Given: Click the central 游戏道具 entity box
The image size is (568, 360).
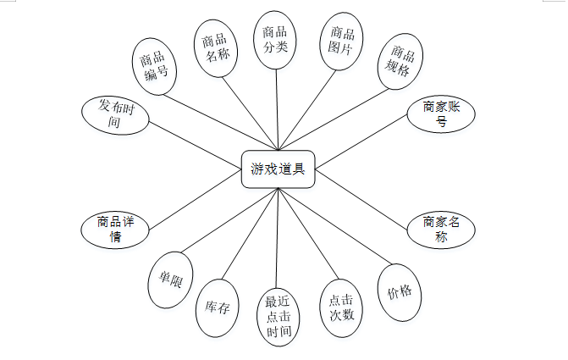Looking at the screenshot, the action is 278,169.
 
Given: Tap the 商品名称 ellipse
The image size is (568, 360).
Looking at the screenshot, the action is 216,48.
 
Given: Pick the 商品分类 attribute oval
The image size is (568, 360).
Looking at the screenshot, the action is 275,39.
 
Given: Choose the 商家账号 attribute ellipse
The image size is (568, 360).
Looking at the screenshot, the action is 441,114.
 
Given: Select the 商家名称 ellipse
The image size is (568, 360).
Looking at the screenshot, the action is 441,229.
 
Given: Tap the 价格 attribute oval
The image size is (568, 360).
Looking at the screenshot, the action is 400,292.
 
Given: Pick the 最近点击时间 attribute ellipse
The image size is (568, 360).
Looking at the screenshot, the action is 278,316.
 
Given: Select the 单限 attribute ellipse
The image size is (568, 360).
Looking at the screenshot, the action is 171,280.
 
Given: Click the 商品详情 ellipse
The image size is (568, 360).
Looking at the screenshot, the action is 116,229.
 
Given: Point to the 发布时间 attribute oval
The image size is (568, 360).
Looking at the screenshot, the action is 116,114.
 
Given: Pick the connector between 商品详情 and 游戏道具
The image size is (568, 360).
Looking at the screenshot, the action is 195,199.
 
